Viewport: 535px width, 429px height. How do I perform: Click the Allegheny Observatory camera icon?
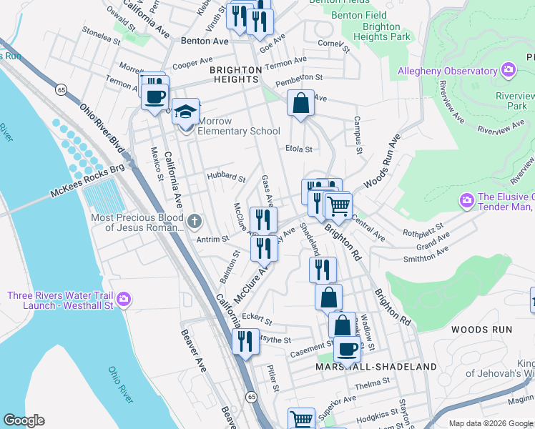[509, 70]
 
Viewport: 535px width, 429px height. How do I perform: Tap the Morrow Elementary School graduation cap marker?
[185, 112]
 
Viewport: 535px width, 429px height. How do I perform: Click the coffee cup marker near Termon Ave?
[154, 96]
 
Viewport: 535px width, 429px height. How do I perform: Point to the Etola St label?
[299, 149]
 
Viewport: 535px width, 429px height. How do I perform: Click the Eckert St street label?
[257, 319]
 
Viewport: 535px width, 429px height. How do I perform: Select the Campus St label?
[358, 137]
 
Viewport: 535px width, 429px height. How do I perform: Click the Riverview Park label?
[507, 101]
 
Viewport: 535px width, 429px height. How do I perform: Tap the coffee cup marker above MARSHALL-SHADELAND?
[347, 350]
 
